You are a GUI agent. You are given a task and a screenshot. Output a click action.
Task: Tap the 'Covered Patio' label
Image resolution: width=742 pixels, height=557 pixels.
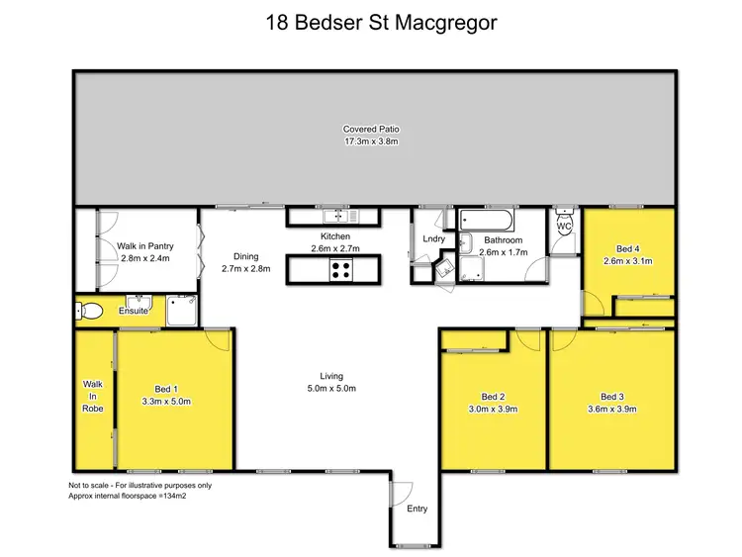(x=370, y=130)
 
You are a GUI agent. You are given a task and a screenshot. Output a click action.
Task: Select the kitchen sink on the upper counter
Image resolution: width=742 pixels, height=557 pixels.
(x=341, y=215)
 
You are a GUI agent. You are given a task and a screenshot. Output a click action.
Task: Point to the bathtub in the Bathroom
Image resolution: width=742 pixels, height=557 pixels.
(x=486, y=219)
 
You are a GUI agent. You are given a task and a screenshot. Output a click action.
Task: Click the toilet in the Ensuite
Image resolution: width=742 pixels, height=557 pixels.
(x=89, y=311)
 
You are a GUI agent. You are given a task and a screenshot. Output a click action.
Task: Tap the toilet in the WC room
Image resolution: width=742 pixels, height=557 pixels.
(x=564, y=228)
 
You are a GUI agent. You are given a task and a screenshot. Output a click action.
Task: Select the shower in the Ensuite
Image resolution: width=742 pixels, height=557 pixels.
(x=182, y=310)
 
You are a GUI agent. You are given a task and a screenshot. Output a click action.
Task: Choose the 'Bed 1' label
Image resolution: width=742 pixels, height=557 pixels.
(x=166, y=389)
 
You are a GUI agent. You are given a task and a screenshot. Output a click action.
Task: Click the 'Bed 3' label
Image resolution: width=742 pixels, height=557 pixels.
(x=612, y=396)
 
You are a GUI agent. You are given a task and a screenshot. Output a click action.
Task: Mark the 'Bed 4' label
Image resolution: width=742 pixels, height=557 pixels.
(x=627, y=248)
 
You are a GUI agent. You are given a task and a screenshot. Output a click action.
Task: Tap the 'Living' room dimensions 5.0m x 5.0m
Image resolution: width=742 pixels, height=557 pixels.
(x=330, y=388)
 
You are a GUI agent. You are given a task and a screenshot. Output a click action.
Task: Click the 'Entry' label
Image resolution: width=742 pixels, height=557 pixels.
(x=417, y=509)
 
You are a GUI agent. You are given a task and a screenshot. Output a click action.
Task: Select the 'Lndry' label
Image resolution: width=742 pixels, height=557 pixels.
(x=433, y=238)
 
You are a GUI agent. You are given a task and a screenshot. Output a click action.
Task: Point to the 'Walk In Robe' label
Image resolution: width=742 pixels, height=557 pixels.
(x=93, y=395)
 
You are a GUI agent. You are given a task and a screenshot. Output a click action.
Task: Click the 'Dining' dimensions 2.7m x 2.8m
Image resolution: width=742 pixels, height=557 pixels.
(x=244, y=268)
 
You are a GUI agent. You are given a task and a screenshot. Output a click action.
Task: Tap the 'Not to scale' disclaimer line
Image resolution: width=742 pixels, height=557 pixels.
(x=139, y=486)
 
